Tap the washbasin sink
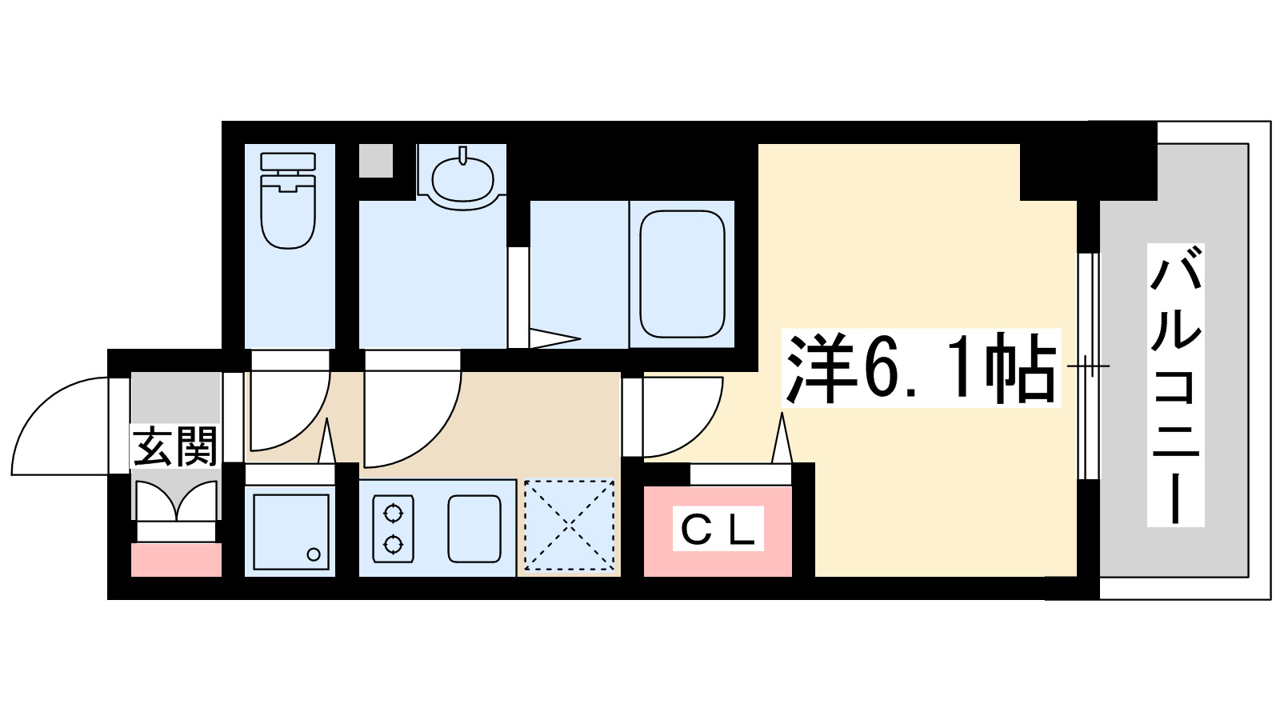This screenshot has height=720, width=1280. (x=462, y=178)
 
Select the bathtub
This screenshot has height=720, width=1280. (x=682, y=274)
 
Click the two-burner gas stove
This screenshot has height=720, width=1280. (x=393, y=529)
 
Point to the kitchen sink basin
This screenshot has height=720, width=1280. (x=474, y=529)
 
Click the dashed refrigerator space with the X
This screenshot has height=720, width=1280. (x=569, y=526)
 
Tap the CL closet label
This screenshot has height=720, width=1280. (x=718, y=529)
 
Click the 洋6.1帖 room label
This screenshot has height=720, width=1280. (x=920, y=368)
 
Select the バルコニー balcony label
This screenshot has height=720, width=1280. (x=1175, y=384)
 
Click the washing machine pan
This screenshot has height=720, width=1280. (x=290, y=530)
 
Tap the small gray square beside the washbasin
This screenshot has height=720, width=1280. (x=375, y=161)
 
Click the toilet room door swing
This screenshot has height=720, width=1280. (x=288, y=408)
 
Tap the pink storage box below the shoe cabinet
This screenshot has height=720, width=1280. (x=176, y=560)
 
